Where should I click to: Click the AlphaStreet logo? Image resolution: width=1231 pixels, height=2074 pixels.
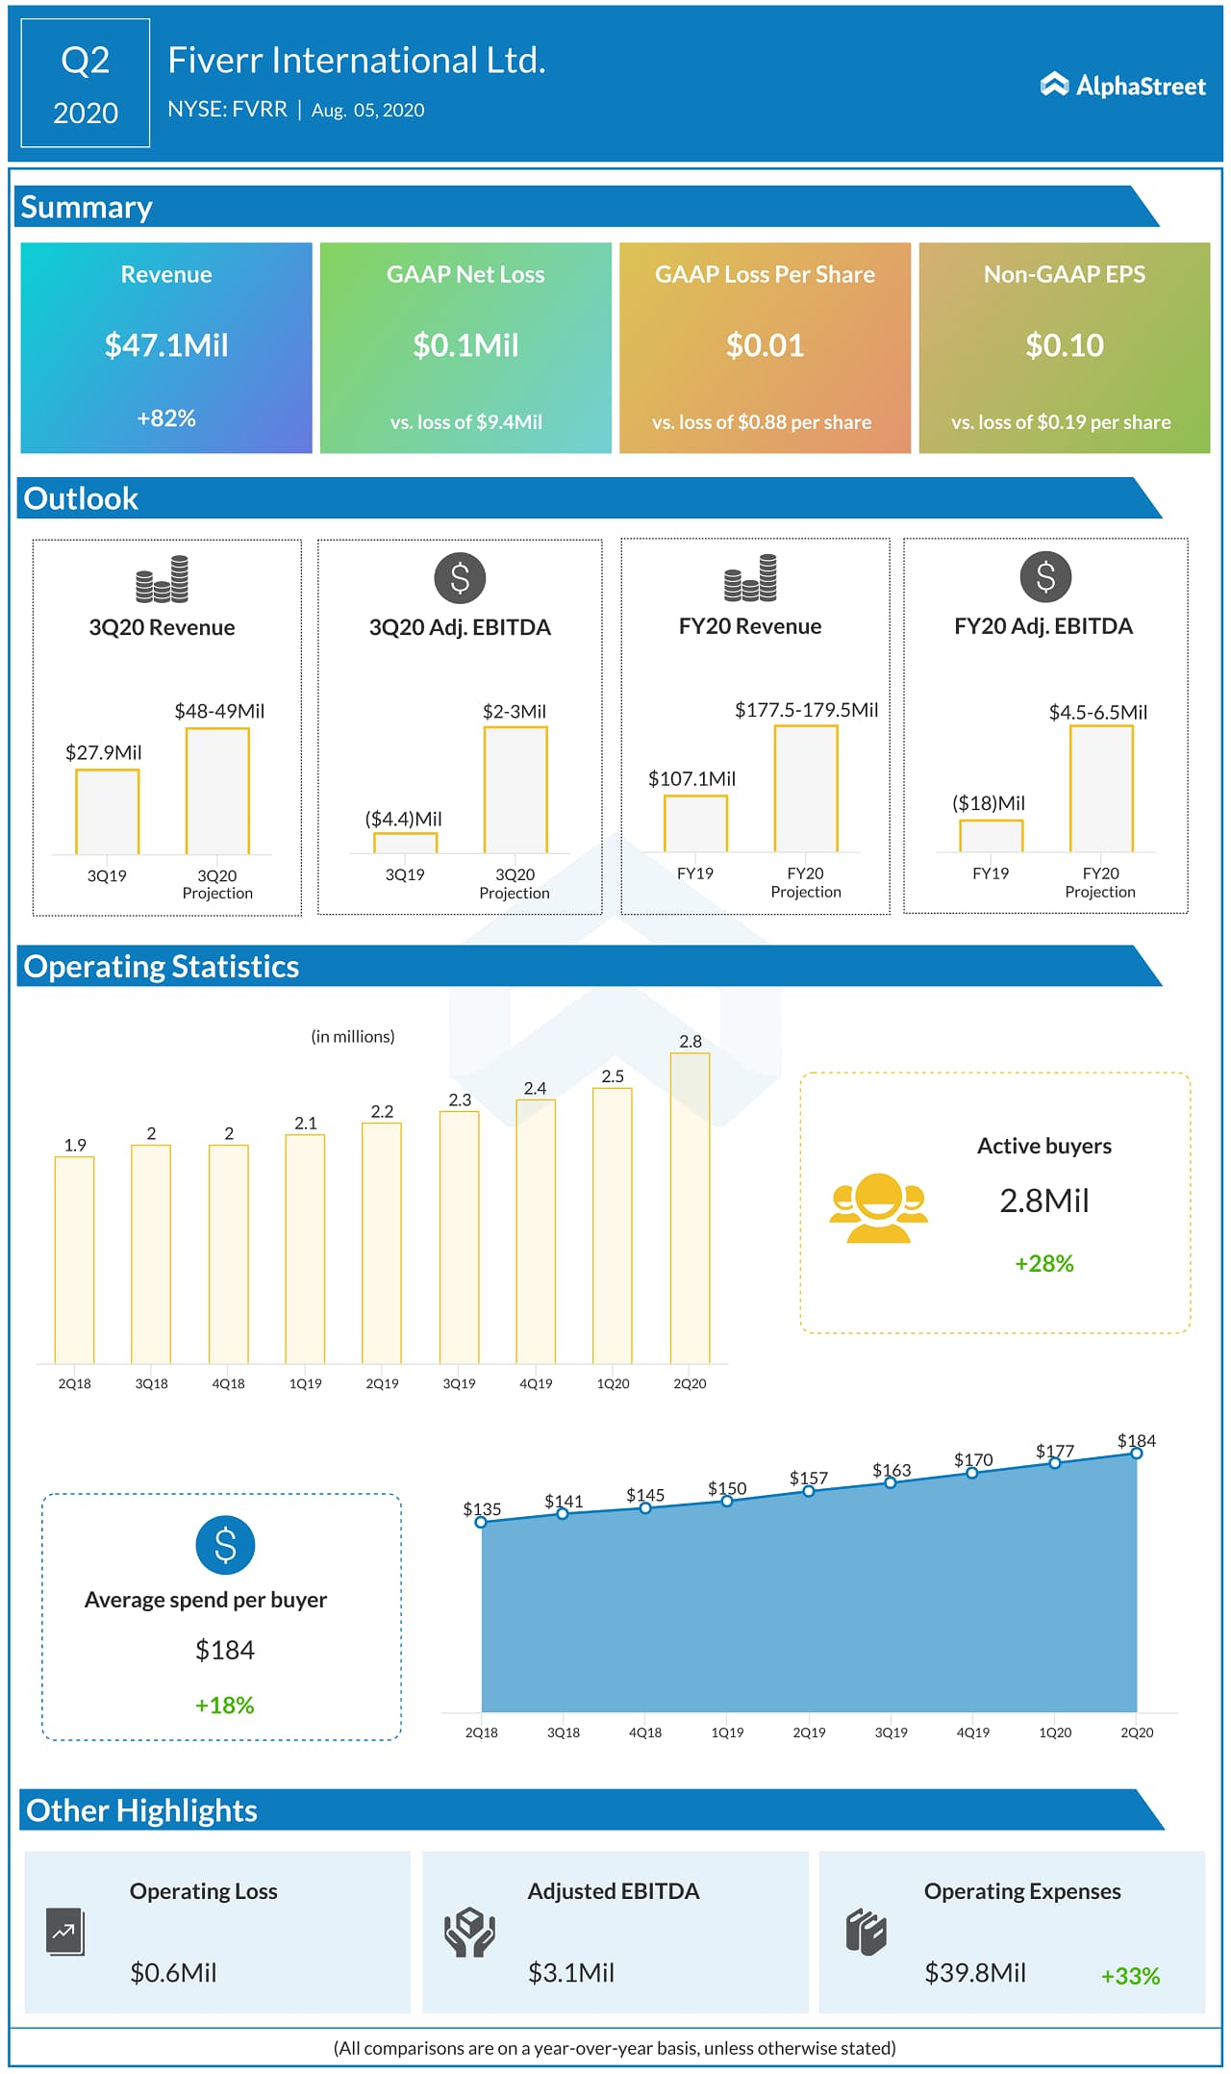coord(1122,86)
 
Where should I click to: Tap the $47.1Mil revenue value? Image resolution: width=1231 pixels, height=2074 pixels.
coord(166,345)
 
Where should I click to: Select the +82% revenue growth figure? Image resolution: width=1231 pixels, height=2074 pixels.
coord(166,418)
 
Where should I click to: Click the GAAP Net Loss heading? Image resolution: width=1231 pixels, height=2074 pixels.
coord(465,274)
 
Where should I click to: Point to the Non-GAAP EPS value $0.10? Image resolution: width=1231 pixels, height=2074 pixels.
coord(1064,345)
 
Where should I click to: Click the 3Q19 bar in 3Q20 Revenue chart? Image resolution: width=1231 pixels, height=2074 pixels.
coord(108,811)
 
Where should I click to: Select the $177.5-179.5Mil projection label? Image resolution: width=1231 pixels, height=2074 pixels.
coord(806,710)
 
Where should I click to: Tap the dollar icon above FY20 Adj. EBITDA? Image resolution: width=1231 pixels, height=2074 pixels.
coord(1045,577)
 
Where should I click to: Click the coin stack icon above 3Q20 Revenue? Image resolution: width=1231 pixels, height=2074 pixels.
coord(162,579)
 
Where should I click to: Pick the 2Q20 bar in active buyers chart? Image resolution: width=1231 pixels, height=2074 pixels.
coord(690,1207)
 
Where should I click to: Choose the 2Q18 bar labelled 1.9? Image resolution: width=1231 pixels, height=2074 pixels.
coord(74,1259)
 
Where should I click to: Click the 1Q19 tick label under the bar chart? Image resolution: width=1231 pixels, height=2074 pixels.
coord(305,1383)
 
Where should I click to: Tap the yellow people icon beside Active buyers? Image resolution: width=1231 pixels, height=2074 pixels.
coord(878,1208)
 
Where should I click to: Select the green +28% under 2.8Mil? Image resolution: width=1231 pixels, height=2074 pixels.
coord(1044,1263)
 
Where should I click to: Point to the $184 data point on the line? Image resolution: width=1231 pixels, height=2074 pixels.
coord(1137,1454)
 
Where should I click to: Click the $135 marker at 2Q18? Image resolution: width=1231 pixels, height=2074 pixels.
coord(481,1522)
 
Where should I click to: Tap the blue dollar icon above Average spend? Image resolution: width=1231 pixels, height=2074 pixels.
coord(225,1545)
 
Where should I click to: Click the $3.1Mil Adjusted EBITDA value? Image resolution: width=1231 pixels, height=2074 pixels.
coord(570,1973)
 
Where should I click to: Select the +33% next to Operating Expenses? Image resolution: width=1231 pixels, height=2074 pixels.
coord(1130,1976)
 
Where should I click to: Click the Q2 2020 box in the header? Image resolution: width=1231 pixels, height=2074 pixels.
coord(86,84)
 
